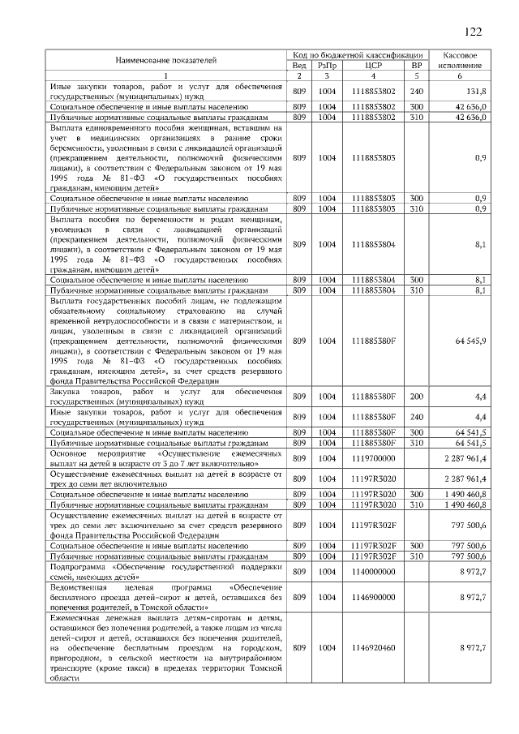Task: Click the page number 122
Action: pos(473,32)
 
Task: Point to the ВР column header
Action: pos(417,65)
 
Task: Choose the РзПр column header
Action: pos(327,65)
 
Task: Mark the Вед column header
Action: pos(298,65)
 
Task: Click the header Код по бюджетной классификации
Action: pos(358,54)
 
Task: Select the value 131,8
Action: pos(476,91)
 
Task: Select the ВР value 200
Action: pos(417,397)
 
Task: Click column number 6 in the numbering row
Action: pos(459,76)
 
